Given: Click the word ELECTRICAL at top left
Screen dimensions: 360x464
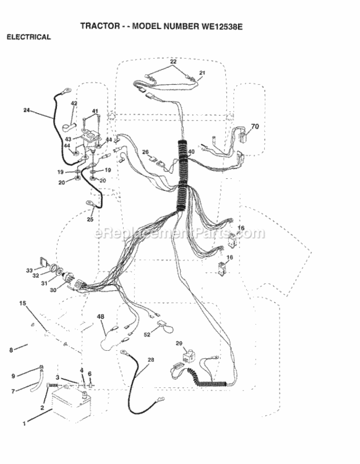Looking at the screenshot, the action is [x=28, y=37].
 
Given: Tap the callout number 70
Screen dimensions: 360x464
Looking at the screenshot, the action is [x=255, y=126].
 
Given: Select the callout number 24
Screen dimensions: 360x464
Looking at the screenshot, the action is [x=27, y=110].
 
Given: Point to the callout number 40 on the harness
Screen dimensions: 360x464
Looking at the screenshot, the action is [x=191, y=152].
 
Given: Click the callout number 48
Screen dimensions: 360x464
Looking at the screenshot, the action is [x=101, y=317].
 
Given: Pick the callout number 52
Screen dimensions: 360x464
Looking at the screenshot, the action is [x=147, y=335].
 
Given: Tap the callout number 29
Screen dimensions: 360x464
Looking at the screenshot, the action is [x=179, y=343].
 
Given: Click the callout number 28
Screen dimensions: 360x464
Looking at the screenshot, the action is [x=151, y=359].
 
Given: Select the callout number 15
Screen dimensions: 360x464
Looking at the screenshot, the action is [x=23, y=303].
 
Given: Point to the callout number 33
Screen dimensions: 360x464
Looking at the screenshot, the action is [x=29, y=270].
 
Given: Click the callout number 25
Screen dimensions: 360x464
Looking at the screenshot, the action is [x=90, y=219].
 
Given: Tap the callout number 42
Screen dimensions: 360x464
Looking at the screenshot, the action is [x=74, y=103].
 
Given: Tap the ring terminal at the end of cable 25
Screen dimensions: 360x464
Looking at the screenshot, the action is [x=89, y=204].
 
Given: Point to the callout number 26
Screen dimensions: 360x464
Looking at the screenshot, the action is [x=145, y=152].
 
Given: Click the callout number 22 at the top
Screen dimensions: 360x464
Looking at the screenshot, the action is [x=173, y=61].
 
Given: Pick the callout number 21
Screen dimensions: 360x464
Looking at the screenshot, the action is [x=202, y=72].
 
